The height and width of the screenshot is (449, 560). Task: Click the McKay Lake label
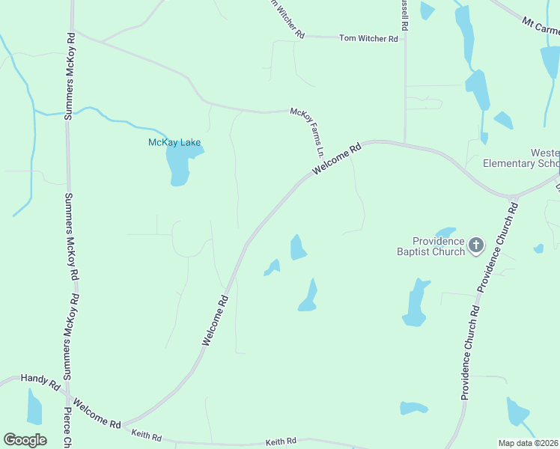[174, 142]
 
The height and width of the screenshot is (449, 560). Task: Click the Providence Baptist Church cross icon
[475, 245]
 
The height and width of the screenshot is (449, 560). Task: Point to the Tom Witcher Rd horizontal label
[368, 38]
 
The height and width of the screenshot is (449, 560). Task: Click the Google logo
[25, 440]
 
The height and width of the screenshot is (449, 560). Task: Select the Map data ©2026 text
[529, 443]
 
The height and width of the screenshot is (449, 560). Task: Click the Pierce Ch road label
[67, 427]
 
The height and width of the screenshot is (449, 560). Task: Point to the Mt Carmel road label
[541, 27]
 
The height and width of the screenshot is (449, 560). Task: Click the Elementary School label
[521, 163]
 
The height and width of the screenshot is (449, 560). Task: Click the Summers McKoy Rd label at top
[71, 76]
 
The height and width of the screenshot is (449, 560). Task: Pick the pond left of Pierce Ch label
[34, 408]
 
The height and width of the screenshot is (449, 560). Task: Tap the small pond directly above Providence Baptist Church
[445, 232]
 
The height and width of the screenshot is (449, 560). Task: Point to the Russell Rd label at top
[404, 15]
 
